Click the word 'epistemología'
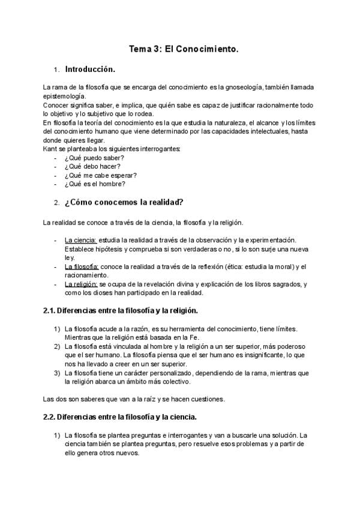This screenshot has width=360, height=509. coord(65,96)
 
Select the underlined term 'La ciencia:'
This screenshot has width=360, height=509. coord(80,240)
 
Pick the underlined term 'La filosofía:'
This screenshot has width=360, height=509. coord(82,267)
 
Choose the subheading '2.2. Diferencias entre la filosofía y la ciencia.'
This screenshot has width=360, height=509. coord(120,417)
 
